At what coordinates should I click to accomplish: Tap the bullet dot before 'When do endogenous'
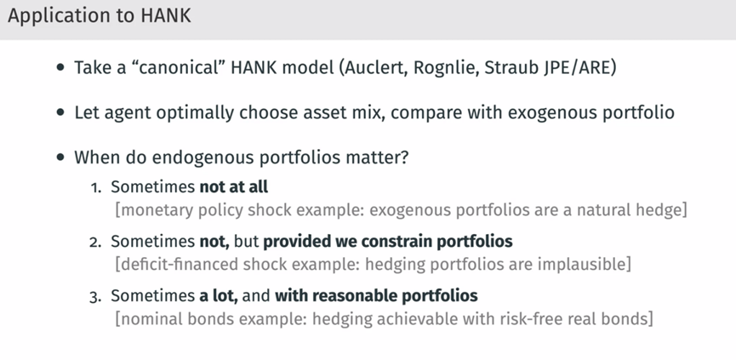point(60,157)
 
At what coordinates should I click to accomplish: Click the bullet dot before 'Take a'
point(60,67)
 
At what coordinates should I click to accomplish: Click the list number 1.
point(96,188)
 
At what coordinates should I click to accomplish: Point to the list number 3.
point(95,297)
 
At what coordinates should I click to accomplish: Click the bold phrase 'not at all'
point(234,186)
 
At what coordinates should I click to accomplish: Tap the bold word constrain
point(397,241)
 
